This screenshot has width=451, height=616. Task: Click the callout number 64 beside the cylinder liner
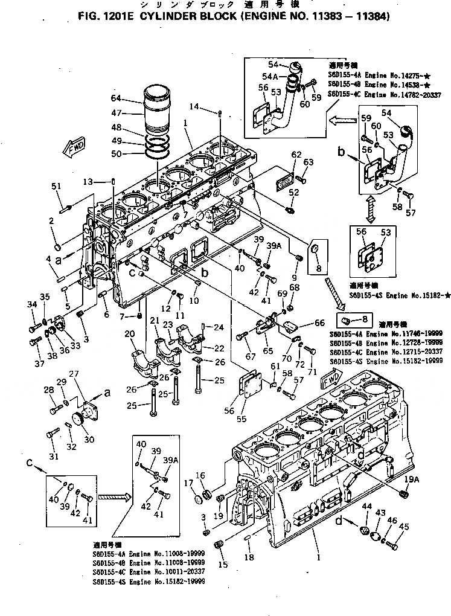pyautogui.click(x=116, y=98)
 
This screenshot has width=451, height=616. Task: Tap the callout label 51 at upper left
pyautogui.click(x=57, y=187)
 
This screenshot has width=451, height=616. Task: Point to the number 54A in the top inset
pyautogui.click(x=270, y=77)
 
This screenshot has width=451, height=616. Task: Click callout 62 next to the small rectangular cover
pyautogui.click(x=296, y=155)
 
